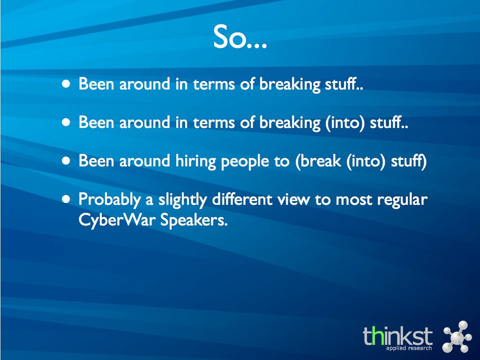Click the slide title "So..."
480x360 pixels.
(x=240, y=37)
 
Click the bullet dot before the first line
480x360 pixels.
(x=66, y=84)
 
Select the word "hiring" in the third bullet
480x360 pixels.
(x=195, y=161)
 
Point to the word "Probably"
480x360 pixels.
(x=110, y=200)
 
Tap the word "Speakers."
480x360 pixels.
(x=194, y=219)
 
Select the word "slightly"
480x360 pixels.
(x=182, y=200)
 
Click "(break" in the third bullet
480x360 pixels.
(x=318, y=161)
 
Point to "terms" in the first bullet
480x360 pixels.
(x=214, y=84)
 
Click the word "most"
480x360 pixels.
(x=353, y=200)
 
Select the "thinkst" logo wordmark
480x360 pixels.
(x=397, y=336)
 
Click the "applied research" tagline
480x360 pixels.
(x=409, y=348)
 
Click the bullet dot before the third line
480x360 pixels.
(x=66, y=161)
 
